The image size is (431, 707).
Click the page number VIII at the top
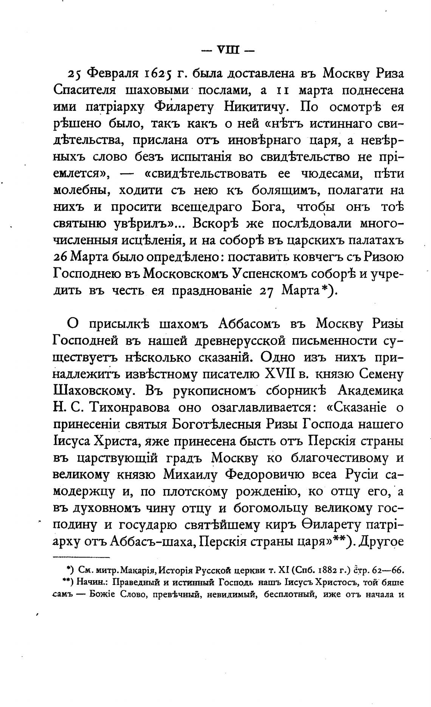pyautogui.click(x=227, y=50)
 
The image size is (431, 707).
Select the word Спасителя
pyautogui.click(x=84, y=91)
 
